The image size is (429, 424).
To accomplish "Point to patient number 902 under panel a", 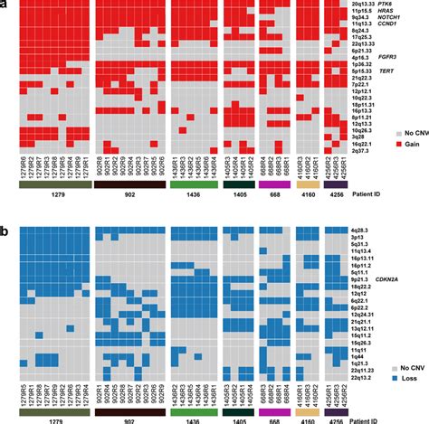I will coord(129,194).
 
